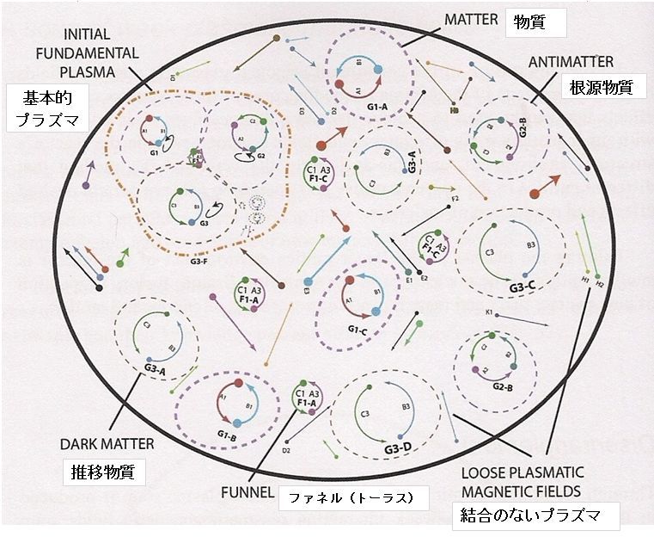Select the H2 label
point(598,283)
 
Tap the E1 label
point(409,280)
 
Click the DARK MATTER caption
point(107,444)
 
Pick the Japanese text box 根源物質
point(596,88)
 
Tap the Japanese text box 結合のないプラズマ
point(536,516)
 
